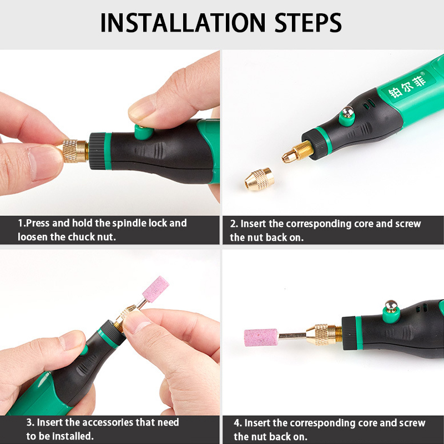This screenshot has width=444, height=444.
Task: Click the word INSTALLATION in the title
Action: tap(183, 23)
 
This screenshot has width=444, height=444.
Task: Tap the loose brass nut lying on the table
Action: tap(259, 179)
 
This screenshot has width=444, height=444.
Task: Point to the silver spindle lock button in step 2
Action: tap(348, 112)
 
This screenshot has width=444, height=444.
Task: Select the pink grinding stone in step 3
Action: tap(156, 289)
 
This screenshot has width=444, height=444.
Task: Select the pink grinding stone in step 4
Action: tap(261, 337)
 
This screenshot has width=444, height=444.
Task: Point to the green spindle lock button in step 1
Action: tap(144, 132)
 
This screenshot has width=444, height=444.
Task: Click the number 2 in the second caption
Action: tap(234, 224)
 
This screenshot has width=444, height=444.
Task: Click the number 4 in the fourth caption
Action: tap(238, 423)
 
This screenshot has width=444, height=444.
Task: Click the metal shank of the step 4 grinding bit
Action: tap(292, 336)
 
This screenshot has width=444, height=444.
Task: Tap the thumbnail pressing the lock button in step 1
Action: tap(142, 108)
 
